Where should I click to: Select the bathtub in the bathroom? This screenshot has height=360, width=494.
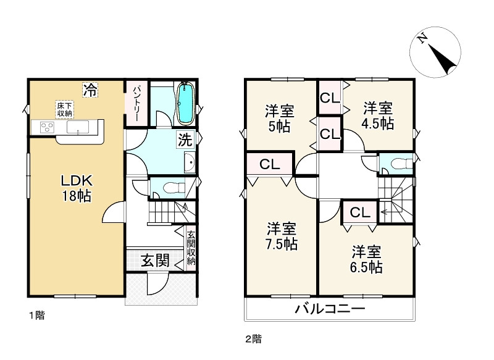(185, 103)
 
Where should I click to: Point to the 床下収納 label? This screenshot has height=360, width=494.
(65, 109)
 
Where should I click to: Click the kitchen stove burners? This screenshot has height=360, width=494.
(46, 128)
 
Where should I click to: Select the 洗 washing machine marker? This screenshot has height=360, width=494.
(185, 139)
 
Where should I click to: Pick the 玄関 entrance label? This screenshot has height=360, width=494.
(154, 260)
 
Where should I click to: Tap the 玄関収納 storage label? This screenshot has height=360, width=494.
(191, 248)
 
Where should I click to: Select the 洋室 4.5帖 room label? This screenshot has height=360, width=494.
(377, 115)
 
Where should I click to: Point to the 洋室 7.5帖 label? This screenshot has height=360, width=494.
(281, 235)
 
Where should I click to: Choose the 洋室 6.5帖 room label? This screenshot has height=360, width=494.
(367, 259)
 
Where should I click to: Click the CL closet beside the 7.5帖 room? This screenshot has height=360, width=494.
(270, 164)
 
